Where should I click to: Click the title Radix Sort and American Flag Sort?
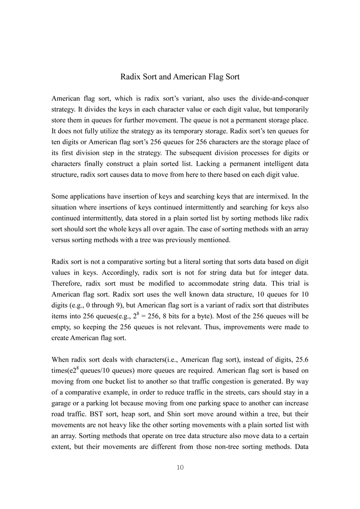click(180, 76)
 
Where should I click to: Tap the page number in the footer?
click(180, 467)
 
